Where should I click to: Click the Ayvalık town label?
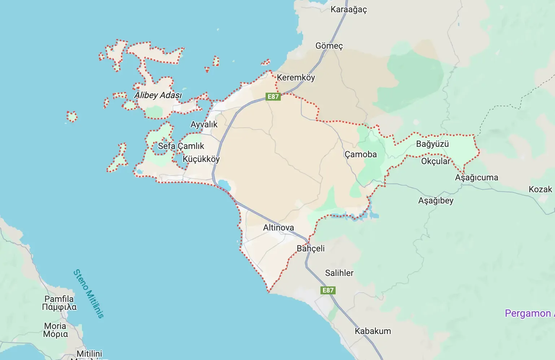click(204, 124)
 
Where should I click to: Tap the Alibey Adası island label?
click(158, 95)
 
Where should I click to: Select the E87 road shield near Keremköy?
click(273, 96)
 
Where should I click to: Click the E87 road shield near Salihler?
click(328, 290)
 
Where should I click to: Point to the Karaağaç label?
click(349, 9)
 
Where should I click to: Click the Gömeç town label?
click(329, 46)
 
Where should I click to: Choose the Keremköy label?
click(296, 78)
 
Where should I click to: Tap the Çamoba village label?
click(360, 154)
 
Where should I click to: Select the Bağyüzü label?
click(432, 144)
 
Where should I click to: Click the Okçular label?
click(436, 161)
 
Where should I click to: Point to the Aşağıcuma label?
click(476, 177)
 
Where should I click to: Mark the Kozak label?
click(540, 189)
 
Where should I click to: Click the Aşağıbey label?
click(436, 201)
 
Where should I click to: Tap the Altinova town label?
click(278, 228)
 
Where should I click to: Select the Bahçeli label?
click(310, 249)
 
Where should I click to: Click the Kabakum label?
click(373, 331)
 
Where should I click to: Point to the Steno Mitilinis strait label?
click(88, 294)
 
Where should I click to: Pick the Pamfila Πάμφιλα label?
click(59, 303)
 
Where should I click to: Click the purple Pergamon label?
click(528, 313)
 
